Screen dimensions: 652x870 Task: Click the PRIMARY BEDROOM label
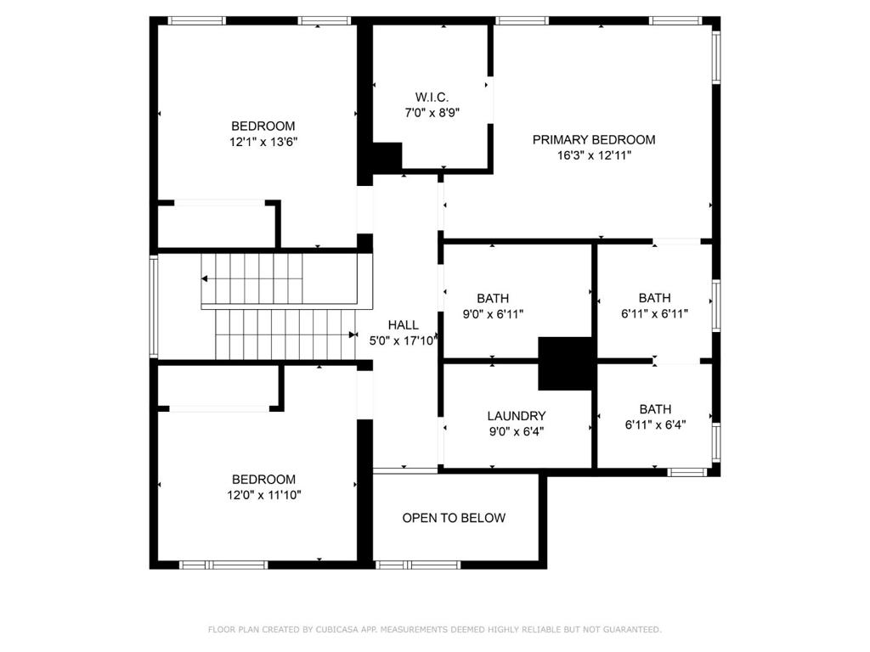(x=594, y=140)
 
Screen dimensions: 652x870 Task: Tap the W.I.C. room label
(x=432, y=98)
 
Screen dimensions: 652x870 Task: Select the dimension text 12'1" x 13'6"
(x=263, y=142)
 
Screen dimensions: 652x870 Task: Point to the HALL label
(x=403, y=325)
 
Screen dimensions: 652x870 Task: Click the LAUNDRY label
(x=516, y=416)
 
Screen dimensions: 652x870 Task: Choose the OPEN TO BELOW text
(x=454, y=518)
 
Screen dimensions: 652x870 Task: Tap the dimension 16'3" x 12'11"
(x=594, y=155)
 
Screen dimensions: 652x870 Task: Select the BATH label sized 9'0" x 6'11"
(x=493, y=298)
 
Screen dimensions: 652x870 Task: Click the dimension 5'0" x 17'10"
(x=403, y=340)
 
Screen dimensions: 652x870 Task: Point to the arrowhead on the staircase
(x=353, y=334)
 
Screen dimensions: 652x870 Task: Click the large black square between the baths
(x=566, y=363)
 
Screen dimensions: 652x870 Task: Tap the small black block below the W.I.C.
(x=387, y=157)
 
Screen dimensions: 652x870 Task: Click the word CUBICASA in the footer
(x=337, y=630)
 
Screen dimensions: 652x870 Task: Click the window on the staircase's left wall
(x=154, y=306)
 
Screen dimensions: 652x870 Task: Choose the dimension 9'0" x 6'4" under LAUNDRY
(x=516, y=431)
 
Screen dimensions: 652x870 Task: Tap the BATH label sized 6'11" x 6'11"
(x=655, y=298)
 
